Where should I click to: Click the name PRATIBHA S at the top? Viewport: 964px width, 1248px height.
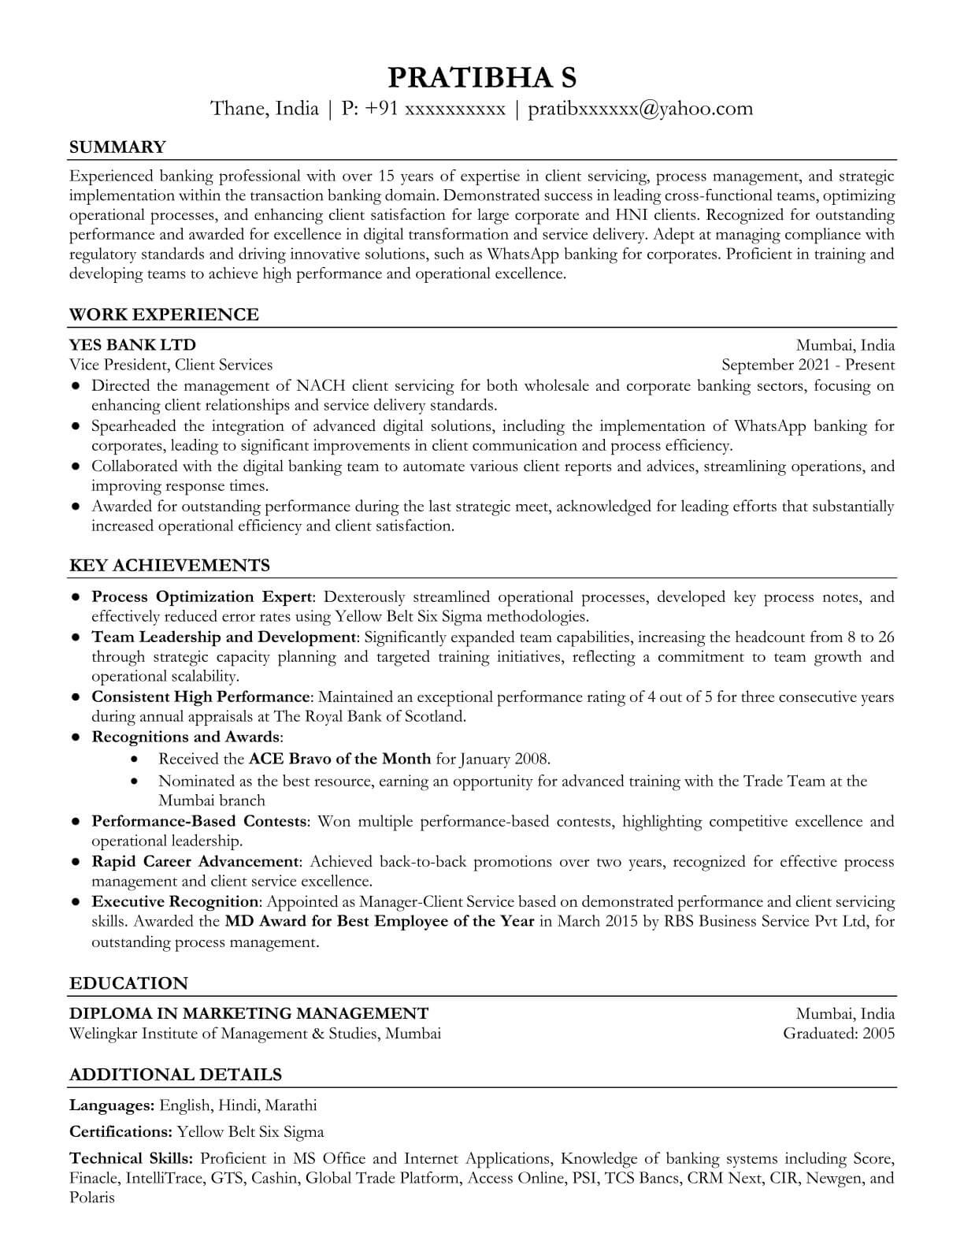pyautogui.click(x=482, y=77)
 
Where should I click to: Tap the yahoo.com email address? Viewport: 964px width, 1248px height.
pyautogui.click(x=640, y=108)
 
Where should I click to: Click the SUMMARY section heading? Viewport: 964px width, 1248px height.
pyautogui.click(x=117, y=147)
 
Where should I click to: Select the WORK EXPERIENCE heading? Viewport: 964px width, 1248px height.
pyautogui.click(x=164, y=314)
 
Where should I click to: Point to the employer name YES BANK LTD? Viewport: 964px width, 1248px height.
pyautogui.click(x=132, y=344)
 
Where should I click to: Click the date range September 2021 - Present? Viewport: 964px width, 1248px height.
pyautogui.click(x=808, y=364)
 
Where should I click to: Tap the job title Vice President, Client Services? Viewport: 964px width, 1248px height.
pyautogui.click(x=171, y=364)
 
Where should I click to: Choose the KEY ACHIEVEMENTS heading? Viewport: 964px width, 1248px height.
pyautogui.click(x=169, y=565)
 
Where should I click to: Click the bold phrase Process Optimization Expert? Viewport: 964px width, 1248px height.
pyautogui.click(x=202, y=596)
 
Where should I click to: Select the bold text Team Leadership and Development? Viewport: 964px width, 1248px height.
pyautogui.click(x=224, y=637)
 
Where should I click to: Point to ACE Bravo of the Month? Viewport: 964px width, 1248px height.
pyautogui.click(x=339, y=759)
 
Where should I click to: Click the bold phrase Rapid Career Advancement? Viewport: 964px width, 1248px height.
pyautogui.click(x=195, y=861)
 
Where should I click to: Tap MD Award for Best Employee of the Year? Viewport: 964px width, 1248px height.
pyautogui.click(x=380, y=921)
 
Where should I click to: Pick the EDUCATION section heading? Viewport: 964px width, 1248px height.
pyautogui.click(x=128, y=983)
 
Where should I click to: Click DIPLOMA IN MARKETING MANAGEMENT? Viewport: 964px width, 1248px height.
pyautogui.click(x=249, y=1013)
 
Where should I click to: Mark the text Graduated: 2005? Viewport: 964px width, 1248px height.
pyautogui.click(x=839, y=1033)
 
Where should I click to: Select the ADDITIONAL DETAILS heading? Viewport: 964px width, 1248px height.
pyautogui.click(x=176, y=1075)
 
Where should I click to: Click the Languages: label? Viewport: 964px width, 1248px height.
pyautogui.click(x=112, y=1105)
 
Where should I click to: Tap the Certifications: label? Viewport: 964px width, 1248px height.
pyautogui.click(x=120, y=1132)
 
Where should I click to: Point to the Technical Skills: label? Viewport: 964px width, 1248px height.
pyautogui.click(x=131, y=1158)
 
